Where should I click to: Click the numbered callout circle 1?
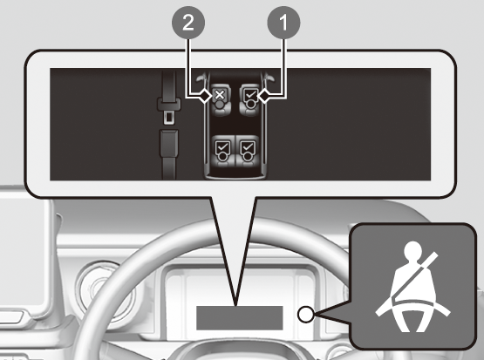(x=283, y=23)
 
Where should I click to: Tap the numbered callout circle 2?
(x=188, y=23)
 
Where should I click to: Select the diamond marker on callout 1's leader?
(x=264, y=97)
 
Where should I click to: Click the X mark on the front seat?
(x=220, y=94)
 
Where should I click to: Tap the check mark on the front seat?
(x=251, y=93)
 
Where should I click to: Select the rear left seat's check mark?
(x=222, y=146)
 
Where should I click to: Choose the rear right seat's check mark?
(x=248, y=146)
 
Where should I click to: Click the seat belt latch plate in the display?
(x=168, y=110)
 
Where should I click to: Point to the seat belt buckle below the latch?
(x=168, y=143)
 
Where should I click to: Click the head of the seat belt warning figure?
(x=412, y=250)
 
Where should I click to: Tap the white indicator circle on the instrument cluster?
(x=306, y=315)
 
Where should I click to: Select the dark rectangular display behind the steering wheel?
(x=240, y=318)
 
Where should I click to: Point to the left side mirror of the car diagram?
(x=201, y=77)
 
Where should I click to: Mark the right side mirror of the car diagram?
(x=269, y=77)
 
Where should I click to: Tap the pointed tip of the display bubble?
(x=235, y=305)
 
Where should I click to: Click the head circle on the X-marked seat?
(x=220, y=104)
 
